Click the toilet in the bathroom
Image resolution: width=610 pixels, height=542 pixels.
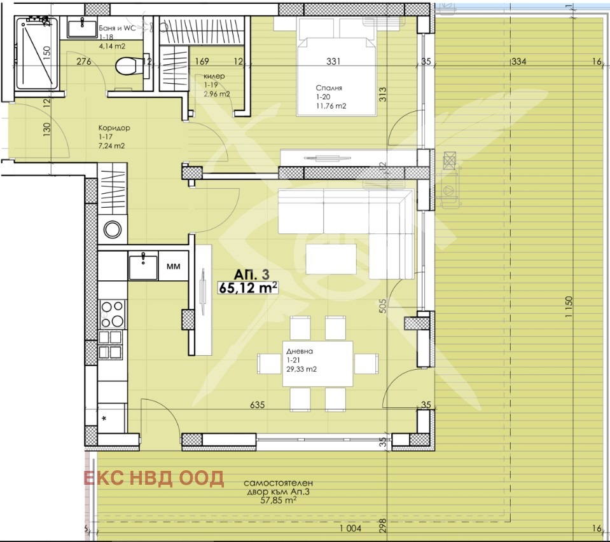(x=129, y=65)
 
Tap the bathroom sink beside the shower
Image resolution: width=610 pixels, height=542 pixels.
(x=81, y=28)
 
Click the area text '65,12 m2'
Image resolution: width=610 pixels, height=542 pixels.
(x=249, y=287)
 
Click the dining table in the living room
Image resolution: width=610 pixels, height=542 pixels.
(x=317, y=363)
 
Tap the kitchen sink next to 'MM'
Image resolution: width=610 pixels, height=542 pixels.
(x=144, y=265)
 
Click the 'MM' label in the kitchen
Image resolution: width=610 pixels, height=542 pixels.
(x=172, y=267)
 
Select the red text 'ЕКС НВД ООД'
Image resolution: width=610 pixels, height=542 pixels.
(x=154, y=478)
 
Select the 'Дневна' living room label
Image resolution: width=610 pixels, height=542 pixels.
(x=298, y=350)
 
